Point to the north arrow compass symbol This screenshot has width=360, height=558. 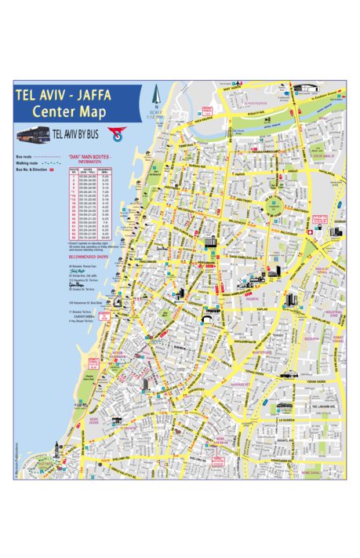click(156, 98)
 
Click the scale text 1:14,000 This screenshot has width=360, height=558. click(156, 117)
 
